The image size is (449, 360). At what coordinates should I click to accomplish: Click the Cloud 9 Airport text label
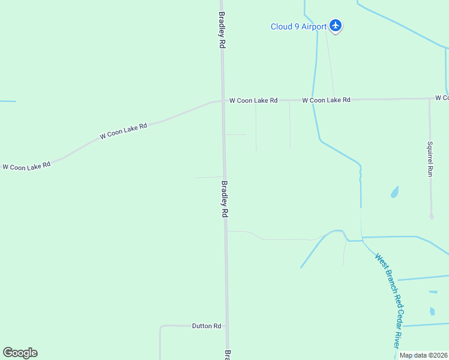[298, 26]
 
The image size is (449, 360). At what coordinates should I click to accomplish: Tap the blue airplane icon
[336, 26]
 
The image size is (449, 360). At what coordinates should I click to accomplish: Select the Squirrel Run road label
[430, 158]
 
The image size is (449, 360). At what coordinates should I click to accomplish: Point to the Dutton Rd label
[206, 326]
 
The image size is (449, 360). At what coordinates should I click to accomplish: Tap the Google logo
[20, 353]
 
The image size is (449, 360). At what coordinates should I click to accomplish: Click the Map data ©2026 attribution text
[423, 355]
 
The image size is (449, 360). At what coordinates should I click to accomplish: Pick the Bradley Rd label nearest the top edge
[222, 30]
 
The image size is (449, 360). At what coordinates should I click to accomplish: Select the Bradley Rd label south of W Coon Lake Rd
[225, 199]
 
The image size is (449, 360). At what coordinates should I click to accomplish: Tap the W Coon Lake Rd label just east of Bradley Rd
[253, 101]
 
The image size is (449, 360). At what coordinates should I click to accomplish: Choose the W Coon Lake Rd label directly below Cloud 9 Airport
[326, 100]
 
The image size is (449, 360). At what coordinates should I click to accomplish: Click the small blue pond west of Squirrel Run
[394, 192]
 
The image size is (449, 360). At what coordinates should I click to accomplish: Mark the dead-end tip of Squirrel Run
[432, 217]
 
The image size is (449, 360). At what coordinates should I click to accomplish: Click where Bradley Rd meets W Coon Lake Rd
[223, 101]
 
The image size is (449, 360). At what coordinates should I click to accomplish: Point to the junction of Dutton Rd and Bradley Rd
[226, 326]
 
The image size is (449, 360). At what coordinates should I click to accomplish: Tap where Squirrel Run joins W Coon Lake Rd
[429, 98]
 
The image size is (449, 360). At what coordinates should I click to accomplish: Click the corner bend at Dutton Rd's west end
[161, 327]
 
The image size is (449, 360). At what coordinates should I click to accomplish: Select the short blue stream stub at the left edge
[7, 101]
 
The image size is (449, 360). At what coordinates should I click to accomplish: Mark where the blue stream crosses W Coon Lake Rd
[313, 100]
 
